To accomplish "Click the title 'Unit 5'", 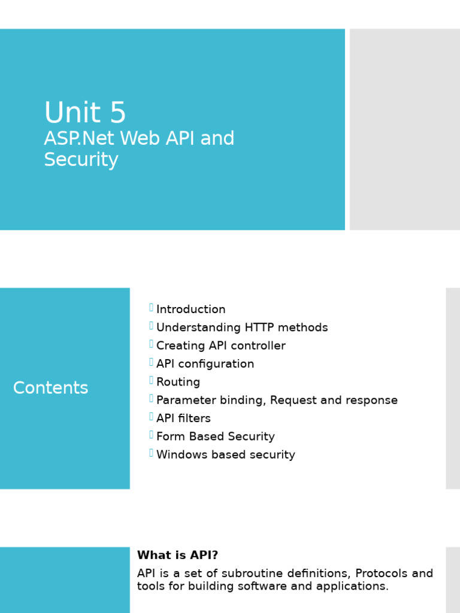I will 85,113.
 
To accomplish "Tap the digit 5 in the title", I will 118,113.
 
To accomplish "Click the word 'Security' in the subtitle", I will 81,160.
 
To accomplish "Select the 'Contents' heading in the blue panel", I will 50,388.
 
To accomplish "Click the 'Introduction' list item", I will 190,309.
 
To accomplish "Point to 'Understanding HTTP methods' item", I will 242,327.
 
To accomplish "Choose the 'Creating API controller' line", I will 220,346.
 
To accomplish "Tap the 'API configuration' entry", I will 205,364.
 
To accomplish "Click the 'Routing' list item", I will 178,382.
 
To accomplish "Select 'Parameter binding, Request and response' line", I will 277,400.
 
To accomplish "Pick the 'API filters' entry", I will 183,418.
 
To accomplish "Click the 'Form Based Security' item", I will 215,436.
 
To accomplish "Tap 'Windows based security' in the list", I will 225,455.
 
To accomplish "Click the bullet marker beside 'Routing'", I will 151,380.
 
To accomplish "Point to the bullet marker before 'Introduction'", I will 151,308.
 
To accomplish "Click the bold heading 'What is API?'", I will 177,556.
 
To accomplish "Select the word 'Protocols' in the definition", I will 378,573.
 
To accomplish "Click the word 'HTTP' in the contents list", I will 258,327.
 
